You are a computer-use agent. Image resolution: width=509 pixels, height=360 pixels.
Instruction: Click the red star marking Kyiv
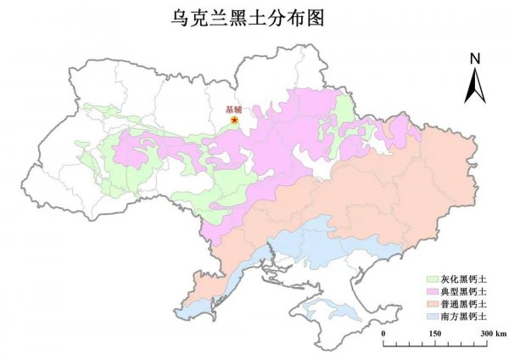235,121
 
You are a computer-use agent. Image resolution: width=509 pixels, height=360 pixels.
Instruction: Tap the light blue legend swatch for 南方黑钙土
432,316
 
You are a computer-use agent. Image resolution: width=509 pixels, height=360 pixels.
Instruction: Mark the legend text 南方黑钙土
464,316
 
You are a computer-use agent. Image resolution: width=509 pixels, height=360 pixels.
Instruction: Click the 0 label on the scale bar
384,334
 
